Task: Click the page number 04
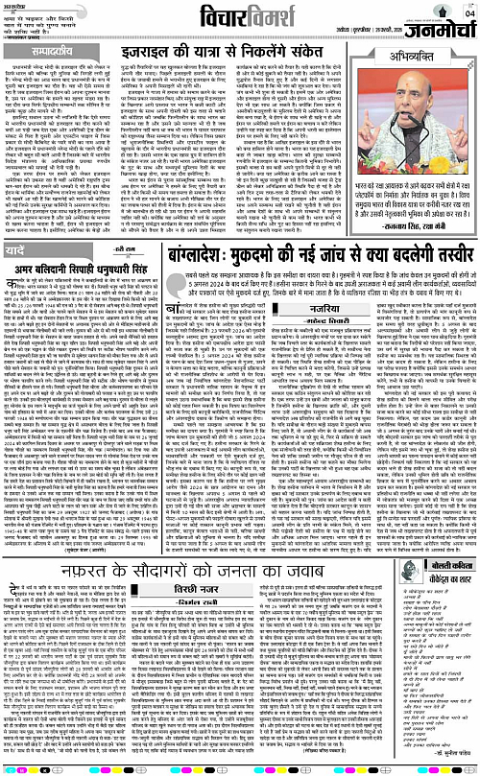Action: (x=468, y=13)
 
